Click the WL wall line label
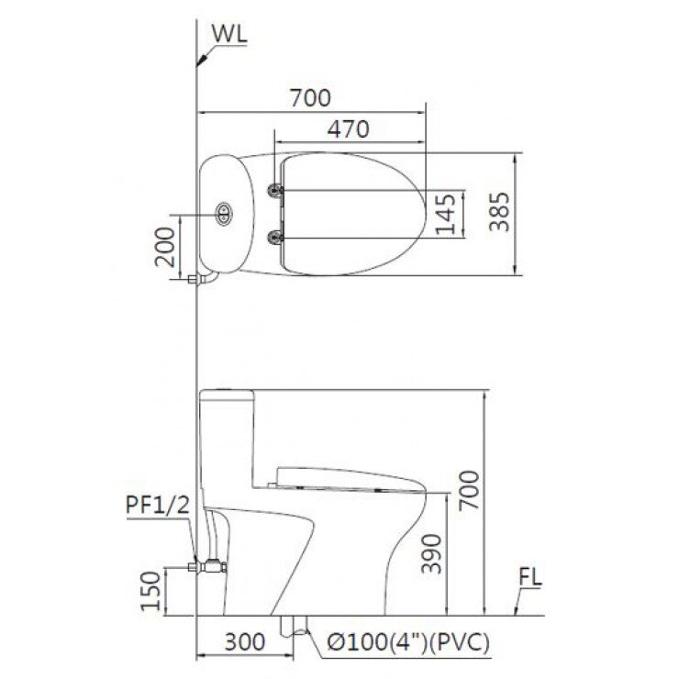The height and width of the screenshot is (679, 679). pos(229,34)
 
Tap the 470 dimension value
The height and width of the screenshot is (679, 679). pos(349,129)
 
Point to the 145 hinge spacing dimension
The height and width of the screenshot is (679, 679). pos(446,214)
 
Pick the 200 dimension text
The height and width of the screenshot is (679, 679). pos(167,245)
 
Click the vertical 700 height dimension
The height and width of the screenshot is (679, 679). pos(469,491)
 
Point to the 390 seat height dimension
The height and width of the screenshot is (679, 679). pos(431,552)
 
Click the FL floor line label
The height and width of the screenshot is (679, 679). pos(530,579)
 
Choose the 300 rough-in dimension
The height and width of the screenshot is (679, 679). pos(244,640)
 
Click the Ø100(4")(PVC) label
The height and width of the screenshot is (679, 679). pos(407,642)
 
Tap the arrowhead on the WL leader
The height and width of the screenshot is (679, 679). pos(199,61)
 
